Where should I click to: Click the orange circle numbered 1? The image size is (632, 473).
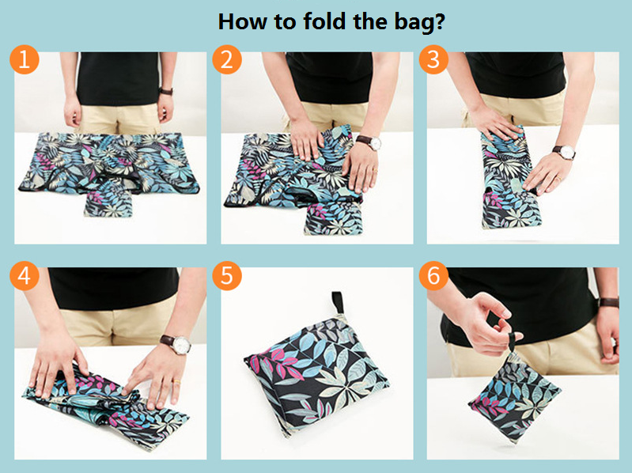click(x=25, y=59)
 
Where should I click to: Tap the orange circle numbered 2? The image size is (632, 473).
click(x=227, y=59)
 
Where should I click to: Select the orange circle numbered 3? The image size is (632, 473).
click(x=433, y=59)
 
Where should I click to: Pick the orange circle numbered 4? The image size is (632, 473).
click(x=25, y=275)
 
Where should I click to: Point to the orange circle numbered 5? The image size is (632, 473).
click(x=227, y=275)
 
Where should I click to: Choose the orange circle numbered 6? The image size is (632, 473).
click(x=433, y=275)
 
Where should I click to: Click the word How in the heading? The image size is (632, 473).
click(x=242, y=21)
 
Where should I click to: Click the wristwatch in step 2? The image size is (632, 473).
click(x=369, y=142)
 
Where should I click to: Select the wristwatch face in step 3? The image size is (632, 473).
click(x=567, y=153)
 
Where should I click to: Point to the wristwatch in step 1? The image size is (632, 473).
click(x=166, y=91)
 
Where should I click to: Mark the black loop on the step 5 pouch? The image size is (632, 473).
click(x=338, y=303)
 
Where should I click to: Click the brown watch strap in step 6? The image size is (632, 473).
click(x=608, y=302)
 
